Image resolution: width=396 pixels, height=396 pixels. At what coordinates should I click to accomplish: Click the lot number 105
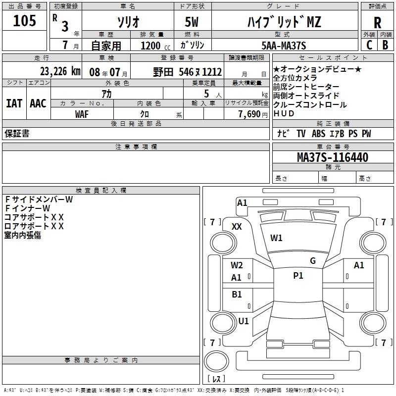click(25, 21)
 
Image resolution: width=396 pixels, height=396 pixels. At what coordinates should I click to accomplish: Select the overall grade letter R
click(377, 23)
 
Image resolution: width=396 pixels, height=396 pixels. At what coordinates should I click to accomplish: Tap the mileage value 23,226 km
click(60, 71)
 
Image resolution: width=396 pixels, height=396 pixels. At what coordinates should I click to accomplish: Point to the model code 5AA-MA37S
click(284, 46)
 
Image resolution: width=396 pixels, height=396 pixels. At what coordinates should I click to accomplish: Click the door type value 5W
click(193, 22)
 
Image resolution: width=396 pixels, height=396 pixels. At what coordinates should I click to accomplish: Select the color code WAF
click(82, 114)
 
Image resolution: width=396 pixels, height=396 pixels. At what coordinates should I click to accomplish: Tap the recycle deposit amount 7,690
click(249, 114)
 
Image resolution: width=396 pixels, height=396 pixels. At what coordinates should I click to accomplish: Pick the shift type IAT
click(14, 103)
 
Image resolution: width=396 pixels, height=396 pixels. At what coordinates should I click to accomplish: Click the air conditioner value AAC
click(38, 103)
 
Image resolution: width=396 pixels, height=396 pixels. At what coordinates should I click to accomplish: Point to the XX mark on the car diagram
click(237, 226)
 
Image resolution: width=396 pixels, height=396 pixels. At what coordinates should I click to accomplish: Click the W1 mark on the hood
click(276, 238)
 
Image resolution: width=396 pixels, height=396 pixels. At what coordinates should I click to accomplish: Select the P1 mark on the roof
click(298, 276)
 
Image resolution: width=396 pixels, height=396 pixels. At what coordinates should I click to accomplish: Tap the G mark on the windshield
click(312, 261)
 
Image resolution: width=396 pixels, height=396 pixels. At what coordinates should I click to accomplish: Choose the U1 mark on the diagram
click(244, 321)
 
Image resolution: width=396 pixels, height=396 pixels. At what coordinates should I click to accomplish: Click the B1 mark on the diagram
click(237, 294)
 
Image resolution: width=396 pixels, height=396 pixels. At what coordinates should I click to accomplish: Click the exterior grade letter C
click(369, 45)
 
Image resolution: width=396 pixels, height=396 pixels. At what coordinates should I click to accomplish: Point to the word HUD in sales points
click(284, 113)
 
